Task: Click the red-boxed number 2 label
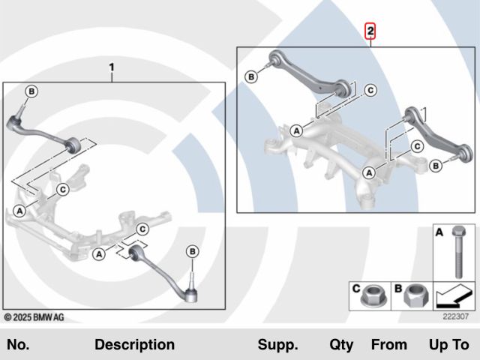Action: (371, 31)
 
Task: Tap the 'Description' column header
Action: (134, 345)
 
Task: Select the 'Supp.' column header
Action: (277, 345)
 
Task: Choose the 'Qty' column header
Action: (340, 345)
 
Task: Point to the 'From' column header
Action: (388, 345)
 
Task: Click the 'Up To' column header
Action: (448, 345)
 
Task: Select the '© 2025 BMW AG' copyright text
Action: (34, 317)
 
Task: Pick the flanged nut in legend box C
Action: (369, 299)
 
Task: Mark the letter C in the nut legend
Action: (356, 287)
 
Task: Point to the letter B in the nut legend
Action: (399, 287)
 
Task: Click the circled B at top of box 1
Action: (31, 91)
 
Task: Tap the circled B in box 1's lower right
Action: (192, 250)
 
